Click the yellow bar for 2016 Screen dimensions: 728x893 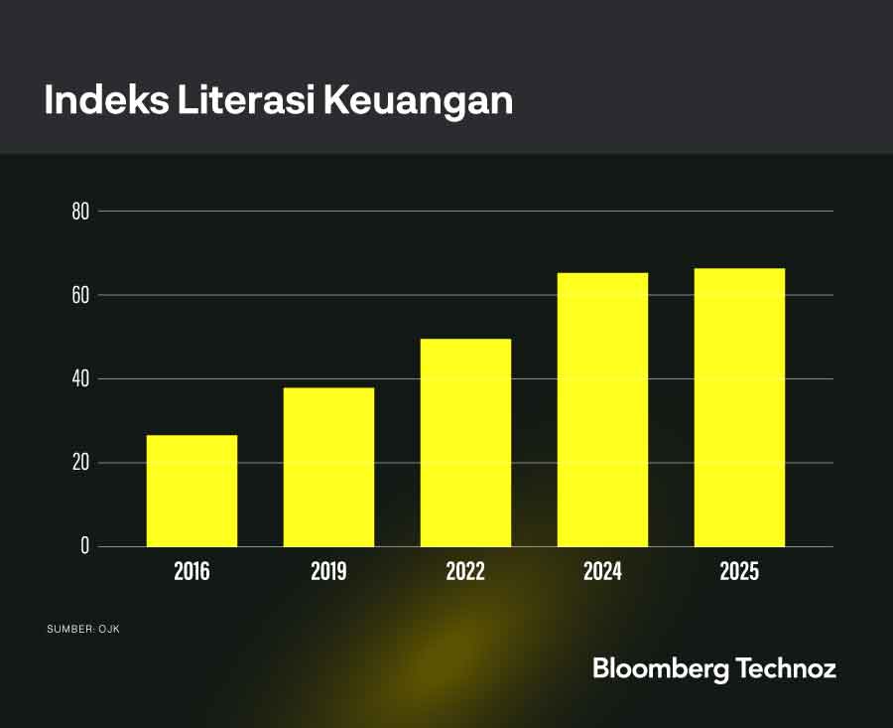[191, 491]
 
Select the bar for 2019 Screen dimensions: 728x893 [328, 467]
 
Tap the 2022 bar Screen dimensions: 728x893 [465, 443]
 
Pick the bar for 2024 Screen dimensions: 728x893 [602, 409]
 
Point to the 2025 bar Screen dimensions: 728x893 [739, 407]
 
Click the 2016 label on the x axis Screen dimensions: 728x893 [191, 572]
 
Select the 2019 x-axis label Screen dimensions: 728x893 [328, 572]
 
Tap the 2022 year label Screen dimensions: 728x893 [465, 572]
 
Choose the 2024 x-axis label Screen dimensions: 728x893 [602, 572]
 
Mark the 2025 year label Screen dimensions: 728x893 [739, 572]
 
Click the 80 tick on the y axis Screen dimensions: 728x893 [80, 212]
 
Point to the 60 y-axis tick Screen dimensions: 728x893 [80, 295]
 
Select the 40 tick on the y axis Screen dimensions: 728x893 [80, 378]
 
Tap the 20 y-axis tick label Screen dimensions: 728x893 [80, 463]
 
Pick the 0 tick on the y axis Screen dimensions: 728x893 [84, 546]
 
